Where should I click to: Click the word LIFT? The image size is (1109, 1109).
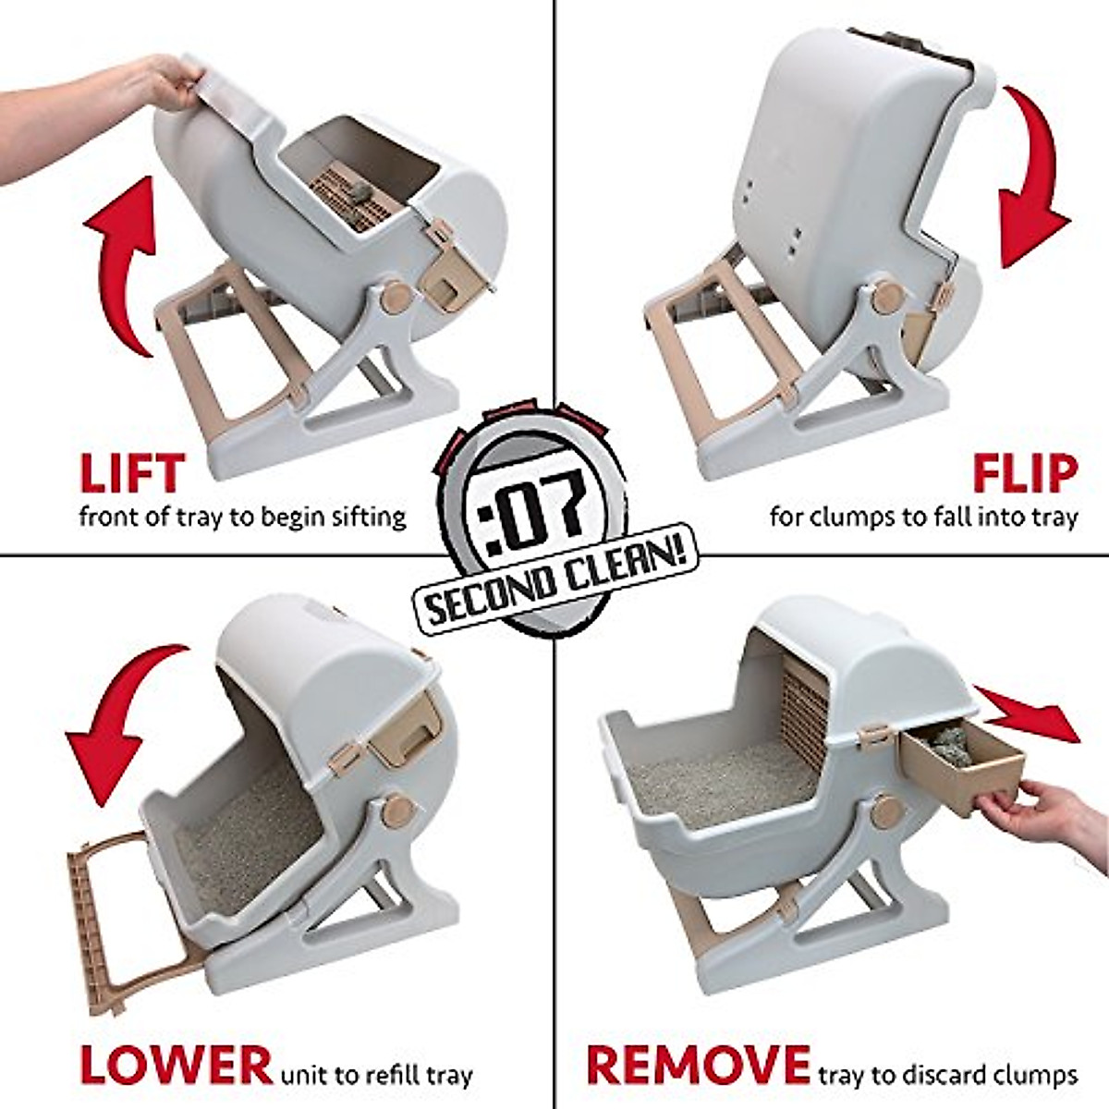tap(132, 472)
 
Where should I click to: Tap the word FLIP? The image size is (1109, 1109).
tap(1024, 472)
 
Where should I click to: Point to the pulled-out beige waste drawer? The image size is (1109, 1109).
tap(961, 767)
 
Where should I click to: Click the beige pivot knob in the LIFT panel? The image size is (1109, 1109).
tap(396, 298)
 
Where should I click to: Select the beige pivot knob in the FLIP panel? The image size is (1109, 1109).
tap(888, 298)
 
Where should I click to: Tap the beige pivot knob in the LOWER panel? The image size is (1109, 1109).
tap(399, 810)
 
